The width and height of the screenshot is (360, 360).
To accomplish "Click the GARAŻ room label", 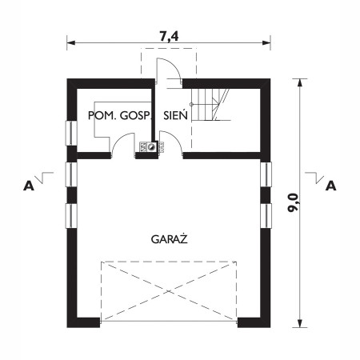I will tap(168, 238).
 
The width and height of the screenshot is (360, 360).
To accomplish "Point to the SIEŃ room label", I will tap(175, 116).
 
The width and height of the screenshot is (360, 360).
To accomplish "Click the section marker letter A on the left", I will tap(29, 186).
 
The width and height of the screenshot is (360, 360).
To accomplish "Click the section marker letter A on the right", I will tap(330, 186).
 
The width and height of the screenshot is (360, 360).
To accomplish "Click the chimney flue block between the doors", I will tap(150, 147).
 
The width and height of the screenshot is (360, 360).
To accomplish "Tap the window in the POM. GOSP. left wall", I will tap(70, 134).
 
